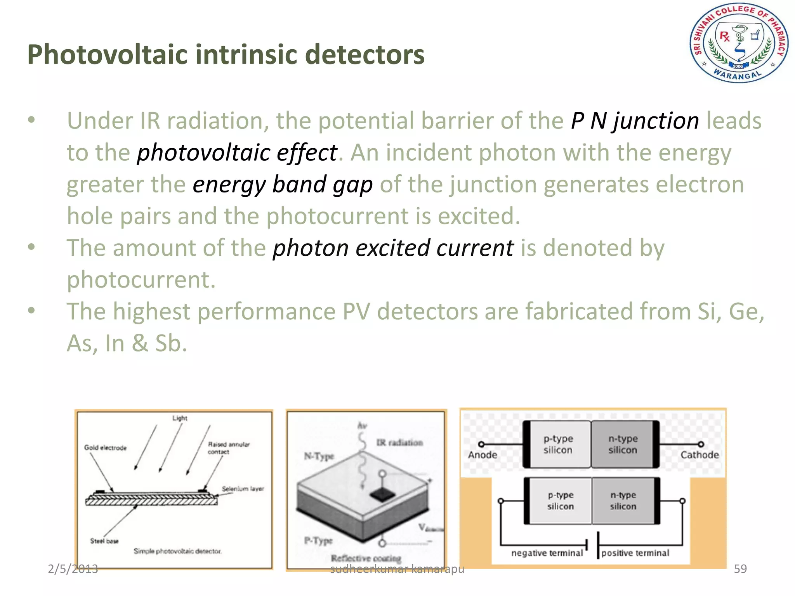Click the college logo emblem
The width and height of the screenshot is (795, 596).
[739, 43]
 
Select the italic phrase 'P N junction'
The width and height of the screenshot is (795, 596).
[635, 121]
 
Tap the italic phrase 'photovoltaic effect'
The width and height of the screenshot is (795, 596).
[237, 152]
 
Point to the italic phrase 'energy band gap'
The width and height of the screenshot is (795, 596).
[283, 184]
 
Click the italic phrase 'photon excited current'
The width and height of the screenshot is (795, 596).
[393, 248]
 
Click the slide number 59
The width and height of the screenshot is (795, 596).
[740, 568]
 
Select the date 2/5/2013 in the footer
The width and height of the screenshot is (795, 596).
[73, 568]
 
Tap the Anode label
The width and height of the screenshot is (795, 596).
[482, 455]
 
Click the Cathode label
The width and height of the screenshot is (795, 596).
[699, 455]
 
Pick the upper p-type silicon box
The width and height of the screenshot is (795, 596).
[558, 444]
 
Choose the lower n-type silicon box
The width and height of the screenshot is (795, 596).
[623, 501]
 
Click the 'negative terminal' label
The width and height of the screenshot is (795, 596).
[547, 553]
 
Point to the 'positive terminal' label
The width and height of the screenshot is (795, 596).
[635, 553]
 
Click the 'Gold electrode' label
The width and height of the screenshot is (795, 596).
[105, 448]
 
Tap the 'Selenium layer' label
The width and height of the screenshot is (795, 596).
[243, 489]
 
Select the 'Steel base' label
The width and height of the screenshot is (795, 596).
[104, 541]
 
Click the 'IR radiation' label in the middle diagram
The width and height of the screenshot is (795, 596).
[399, 443]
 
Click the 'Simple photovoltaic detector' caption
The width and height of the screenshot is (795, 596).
[177, 551]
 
